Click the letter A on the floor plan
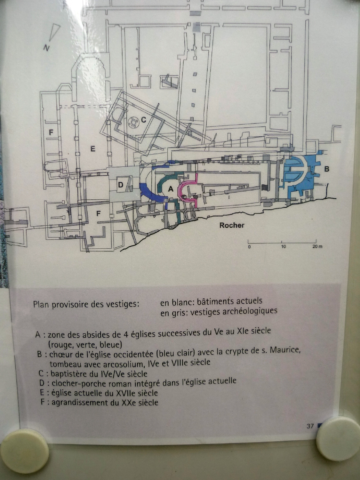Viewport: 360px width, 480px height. click(171, 189)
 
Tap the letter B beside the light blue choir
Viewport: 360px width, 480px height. click(326, 169)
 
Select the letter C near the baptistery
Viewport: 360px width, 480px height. click(143, 120)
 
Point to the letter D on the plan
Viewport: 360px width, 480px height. click(120, 185)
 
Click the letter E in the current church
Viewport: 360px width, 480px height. click(93, 149)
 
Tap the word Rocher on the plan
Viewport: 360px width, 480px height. click(232, 225)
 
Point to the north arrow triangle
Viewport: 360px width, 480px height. click(54, 32)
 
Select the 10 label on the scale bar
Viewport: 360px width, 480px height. click(283, 247)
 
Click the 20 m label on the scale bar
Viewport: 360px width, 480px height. click(317, 247)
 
